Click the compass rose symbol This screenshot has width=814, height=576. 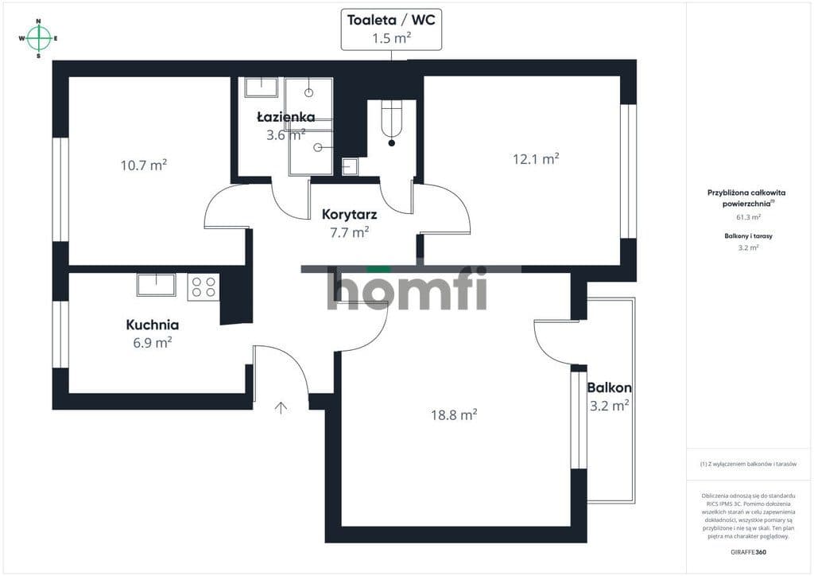pos(38,38)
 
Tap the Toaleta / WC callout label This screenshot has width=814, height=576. pos(391,29)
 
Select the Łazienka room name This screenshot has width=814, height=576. pos(286,117)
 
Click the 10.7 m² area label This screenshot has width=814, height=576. pos(144,165)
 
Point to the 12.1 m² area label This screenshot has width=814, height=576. pos(536,158)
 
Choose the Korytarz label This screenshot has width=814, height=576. pos(350,215)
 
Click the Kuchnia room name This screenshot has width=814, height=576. pos(153,325)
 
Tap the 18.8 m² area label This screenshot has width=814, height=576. pos(454,414)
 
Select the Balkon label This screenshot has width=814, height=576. pos(610,387)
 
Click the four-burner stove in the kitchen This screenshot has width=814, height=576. pos(203,286)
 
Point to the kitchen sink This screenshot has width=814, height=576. pos(157,285)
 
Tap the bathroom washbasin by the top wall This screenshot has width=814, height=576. pos(262,88)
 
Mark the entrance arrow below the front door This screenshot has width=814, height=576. pos(281,407)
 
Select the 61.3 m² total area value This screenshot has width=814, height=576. pos(749,218)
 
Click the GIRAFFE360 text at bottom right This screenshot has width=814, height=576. pos(748,552)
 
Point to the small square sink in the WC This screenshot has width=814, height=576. pos(350,167)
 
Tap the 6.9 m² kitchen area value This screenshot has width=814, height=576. pos(153,343)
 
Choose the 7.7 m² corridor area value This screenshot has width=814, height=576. pos(350,232)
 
